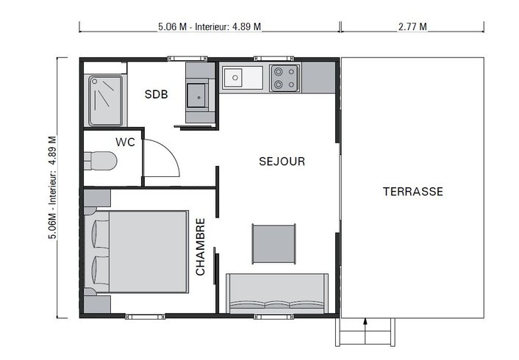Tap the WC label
[124, 142]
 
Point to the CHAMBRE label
[201, 246]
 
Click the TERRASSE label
[412, 192]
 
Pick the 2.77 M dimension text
[412, 27]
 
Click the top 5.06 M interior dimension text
[210, 27]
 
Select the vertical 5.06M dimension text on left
[51, 190]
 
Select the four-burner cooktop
[284, 78]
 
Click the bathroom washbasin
[196, 94]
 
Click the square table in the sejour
[274, 243]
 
